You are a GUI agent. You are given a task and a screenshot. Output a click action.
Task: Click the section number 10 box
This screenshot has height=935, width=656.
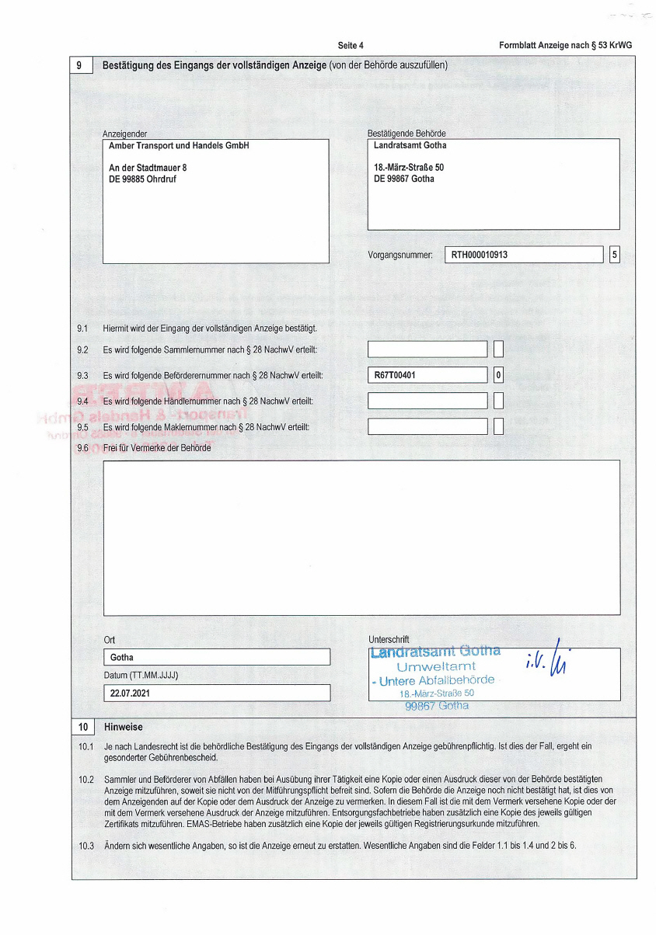tap(82, 728)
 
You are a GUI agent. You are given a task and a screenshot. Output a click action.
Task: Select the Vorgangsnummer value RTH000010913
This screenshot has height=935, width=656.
tap(480, 255)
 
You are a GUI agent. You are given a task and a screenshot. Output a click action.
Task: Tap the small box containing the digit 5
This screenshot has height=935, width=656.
tap(615, 255)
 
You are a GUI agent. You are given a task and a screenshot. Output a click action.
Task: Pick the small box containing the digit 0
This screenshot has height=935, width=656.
tap(498, 375)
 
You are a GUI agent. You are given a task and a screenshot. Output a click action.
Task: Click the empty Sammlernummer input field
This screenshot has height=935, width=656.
tap(427, 349)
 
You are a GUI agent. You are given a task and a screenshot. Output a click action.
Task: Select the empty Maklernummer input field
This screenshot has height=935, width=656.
tap(427, 426)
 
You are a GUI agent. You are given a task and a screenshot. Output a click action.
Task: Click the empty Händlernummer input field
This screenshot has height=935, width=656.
tap(427, 401)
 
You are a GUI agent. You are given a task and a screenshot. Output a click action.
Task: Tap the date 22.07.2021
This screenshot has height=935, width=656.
tap(130, 693)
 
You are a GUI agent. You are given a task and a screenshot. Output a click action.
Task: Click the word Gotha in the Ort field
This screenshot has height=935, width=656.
tap(122, 658)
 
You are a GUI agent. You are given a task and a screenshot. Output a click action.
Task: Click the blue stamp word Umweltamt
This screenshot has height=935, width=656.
tap(436, 666)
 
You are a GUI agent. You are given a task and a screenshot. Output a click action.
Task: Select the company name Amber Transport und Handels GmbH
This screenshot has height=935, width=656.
tap(179, 146)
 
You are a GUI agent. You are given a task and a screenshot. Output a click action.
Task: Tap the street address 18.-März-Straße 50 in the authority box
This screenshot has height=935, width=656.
tap(409, 168)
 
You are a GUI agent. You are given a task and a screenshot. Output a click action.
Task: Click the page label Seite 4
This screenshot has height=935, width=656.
tap(351, 46)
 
